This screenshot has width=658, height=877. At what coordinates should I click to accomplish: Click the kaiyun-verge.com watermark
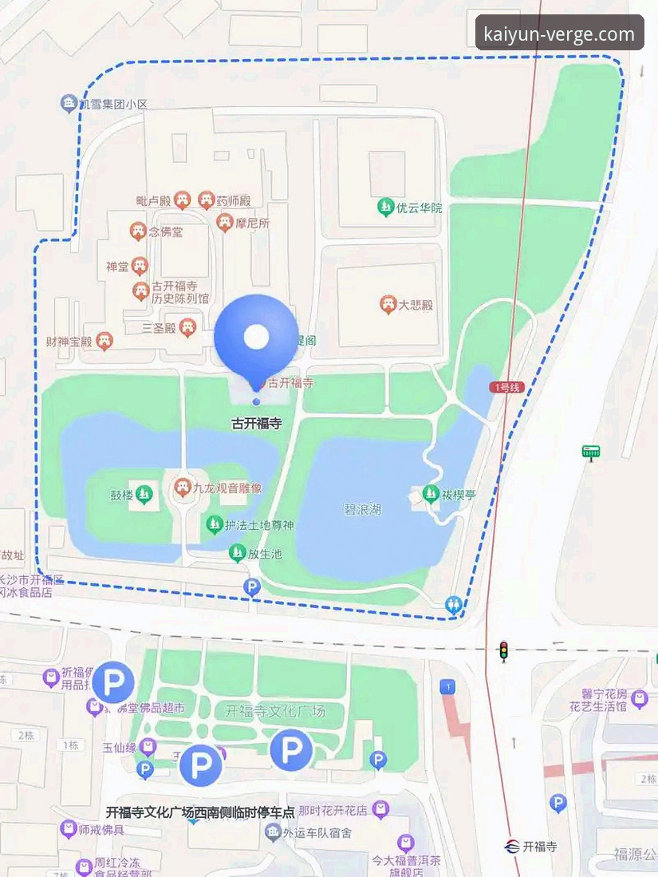click(559, 34)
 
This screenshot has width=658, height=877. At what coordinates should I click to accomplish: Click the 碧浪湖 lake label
click(363, 509)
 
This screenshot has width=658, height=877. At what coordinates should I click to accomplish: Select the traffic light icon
click(503, 651)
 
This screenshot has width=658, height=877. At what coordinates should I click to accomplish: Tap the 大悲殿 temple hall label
click(416, 304)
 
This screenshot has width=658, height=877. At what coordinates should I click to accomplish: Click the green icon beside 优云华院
click(386, 207)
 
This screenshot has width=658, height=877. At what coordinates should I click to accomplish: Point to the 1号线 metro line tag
click(506, 387)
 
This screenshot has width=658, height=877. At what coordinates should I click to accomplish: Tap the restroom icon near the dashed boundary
click(455, 605)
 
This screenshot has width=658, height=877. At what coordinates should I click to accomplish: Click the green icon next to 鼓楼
click(144, 495)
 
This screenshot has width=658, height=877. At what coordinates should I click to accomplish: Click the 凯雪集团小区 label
click(113, 104)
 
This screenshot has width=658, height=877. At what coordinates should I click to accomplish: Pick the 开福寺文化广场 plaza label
click(275, 711)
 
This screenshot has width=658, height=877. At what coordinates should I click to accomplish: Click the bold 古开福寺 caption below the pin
click(256, 424)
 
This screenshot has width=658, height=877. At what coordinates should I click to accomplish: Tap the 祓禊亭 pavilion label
click(459, 495)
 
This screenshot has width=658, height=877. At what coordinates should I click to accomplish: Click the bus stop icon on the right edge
click(590, 452)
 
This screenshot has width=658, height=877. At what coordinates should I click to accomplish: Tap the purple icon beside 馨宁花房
click(639, 700)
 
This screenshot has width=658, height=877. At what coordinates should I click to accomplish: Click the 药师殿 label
click(234, 200)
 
